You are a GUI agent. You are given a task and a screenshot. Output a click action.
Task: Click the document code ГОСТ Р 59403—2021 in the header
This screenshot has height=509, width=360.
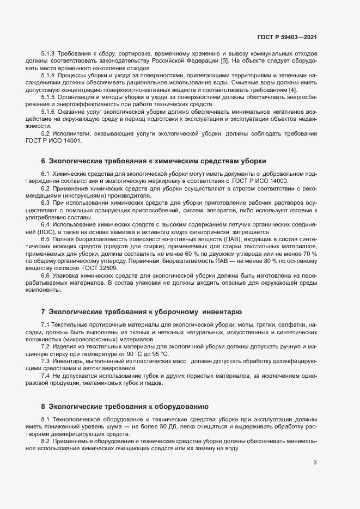click(x=286, y=37)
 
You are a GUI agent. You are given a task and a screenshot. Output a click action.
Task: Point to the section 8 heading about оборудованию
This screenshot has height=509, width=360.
click(x=125, y=406)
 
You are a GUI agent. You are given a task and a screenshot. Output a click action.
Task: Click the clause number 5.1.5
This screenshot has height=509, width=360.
click(x=49, y=96)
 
